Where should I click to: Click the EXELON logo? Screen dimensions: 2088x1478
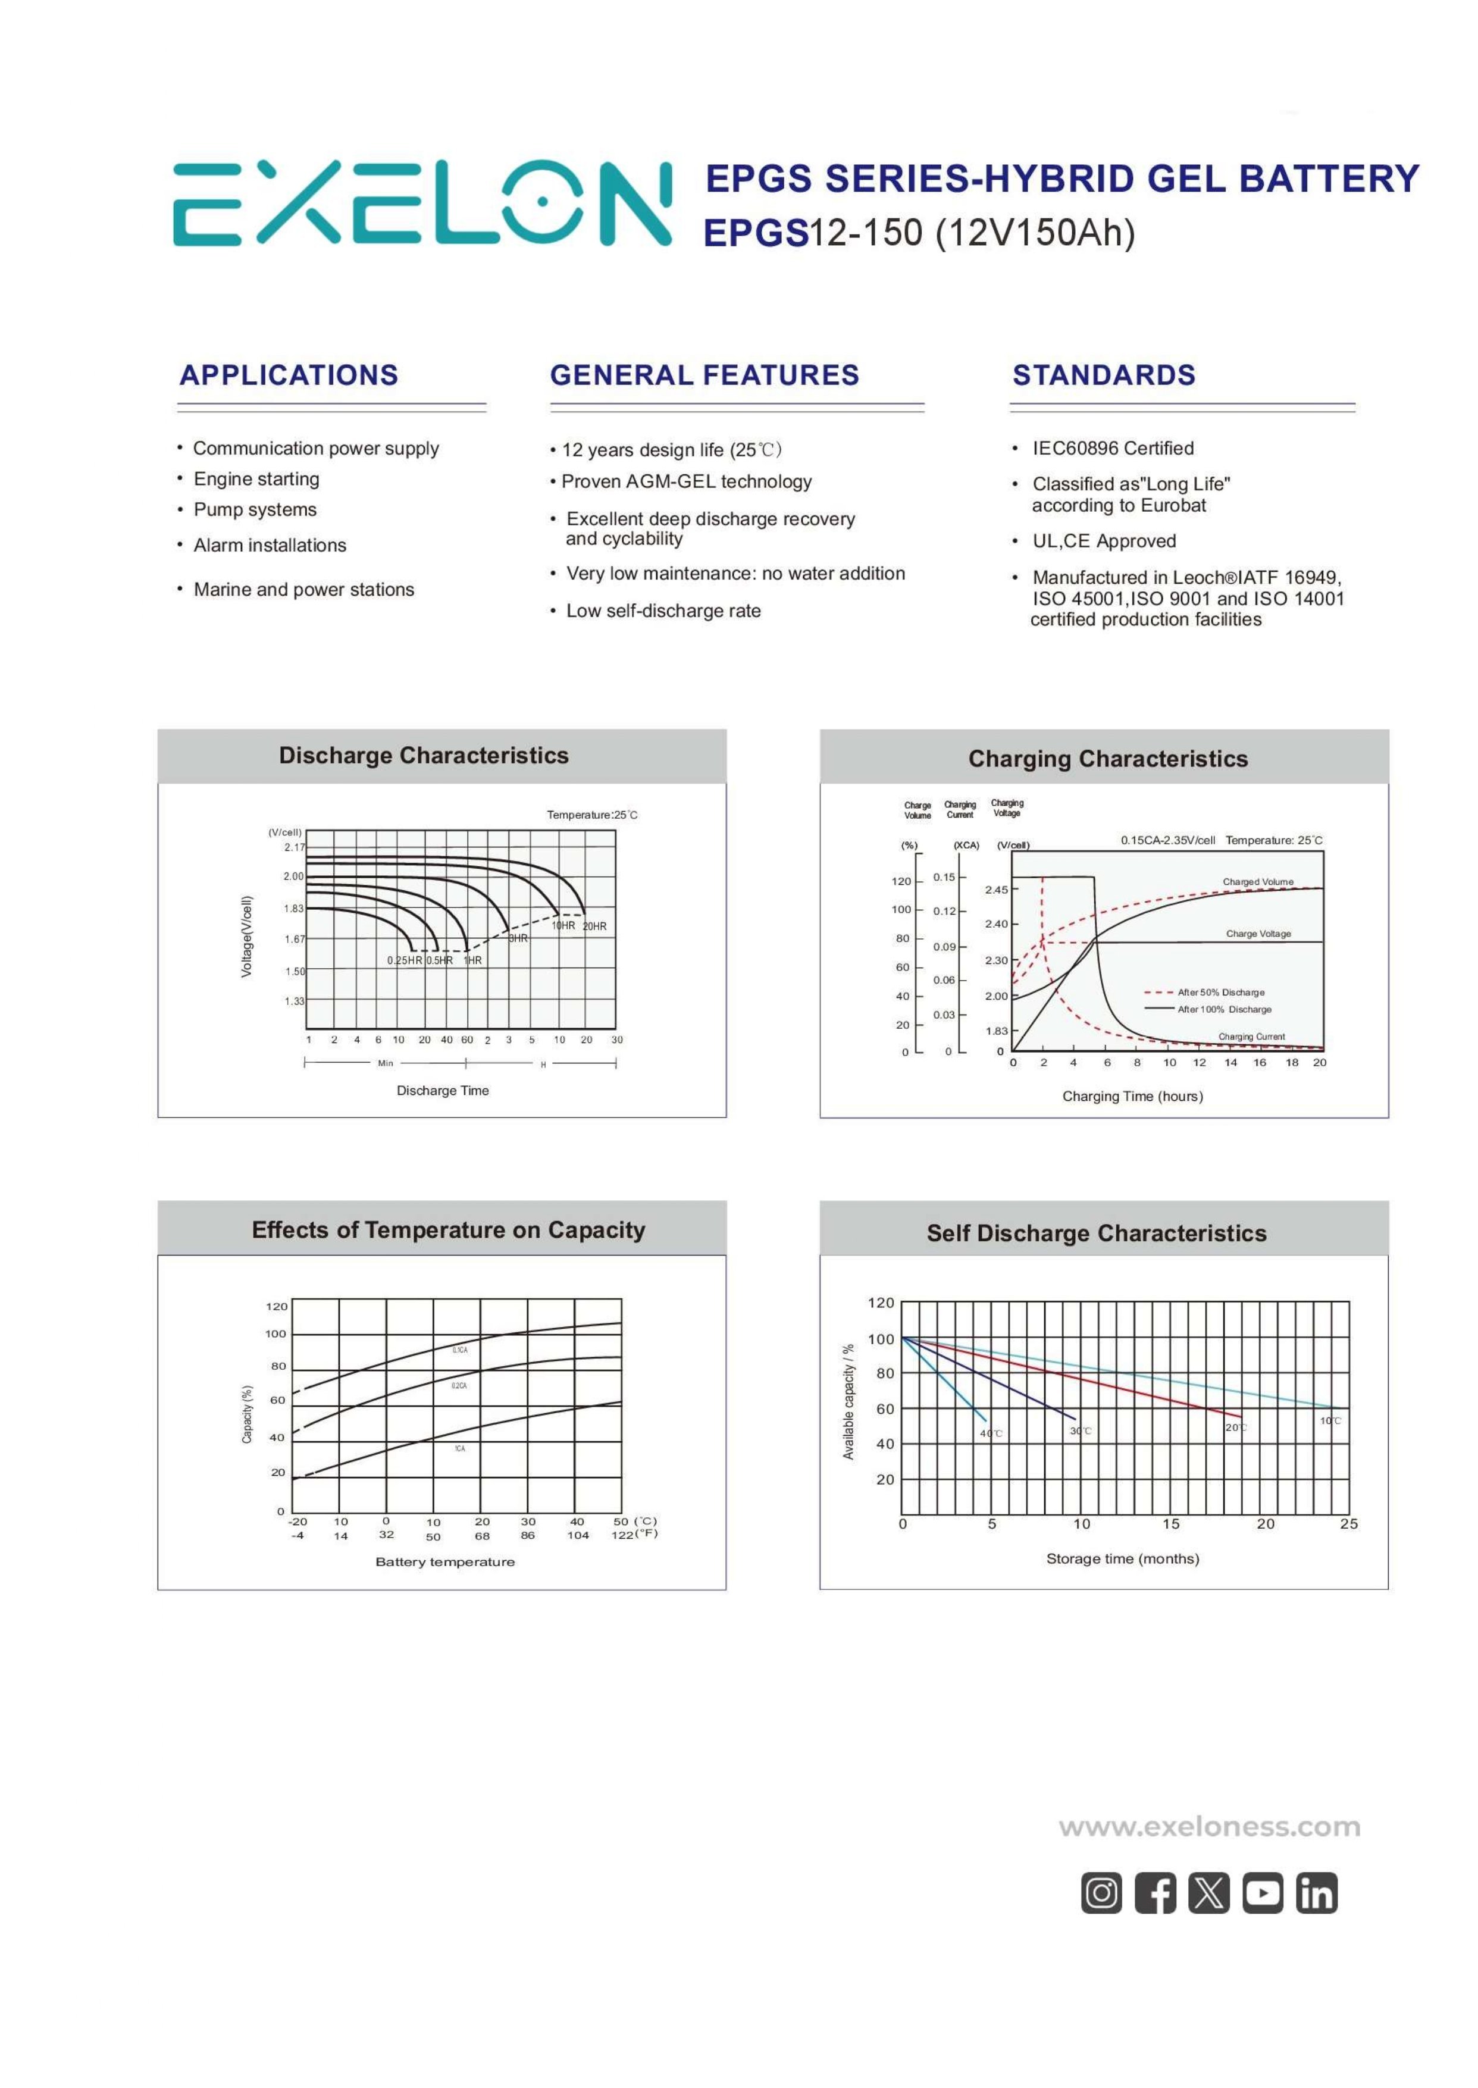(x=421, y=204)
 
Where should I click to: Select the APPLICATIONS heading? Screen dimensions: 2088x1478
(x=289, y=375)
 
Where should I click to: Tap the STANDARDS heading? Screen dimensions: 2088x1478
(x=1103, y=375)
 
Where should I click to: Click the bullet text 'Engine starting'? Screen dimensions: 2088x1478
(x=256, y=479)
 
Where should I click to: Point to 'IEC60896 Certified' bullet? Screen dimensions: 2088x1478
(x=1112, y=448)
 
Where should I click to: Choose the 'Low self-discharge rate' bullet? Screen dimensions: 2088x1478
(x=663, y=611)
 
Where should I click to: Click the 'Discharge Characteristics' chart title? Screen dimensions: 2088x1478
(x=423, y=756)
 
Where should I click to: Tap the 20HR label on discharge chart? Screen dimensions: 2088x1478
(x=594, y=926)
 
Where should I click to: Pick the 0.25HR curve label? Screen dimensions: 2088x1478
(x=404, y=960)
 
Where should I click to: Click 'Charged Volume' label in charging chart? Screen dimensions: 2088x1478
(x=1257, y=882)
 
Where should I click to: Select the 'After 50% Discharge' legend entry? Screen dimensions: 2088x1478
(x=1220, y=992)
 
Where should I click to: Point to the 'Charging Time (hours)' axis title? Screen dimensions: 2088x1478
(x=1132, y=1097)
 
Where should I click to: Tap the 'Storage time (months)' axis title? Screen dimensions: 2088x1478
(x=1122, y=1558)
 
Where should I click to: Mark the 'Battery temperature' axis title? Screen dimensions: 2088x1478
(x=445, y=1562)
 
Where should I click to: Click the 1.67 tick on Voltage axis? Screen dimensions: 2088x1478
(x=294, y=940)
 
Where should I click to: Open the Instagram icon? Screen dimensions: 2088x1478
(x=1101, y=1893)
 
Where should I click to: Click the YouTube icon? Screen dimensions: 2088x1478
(x=1262, y=1893)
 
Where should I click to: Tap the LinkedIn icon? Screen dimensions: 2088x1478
(x=1316, y=1893)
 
